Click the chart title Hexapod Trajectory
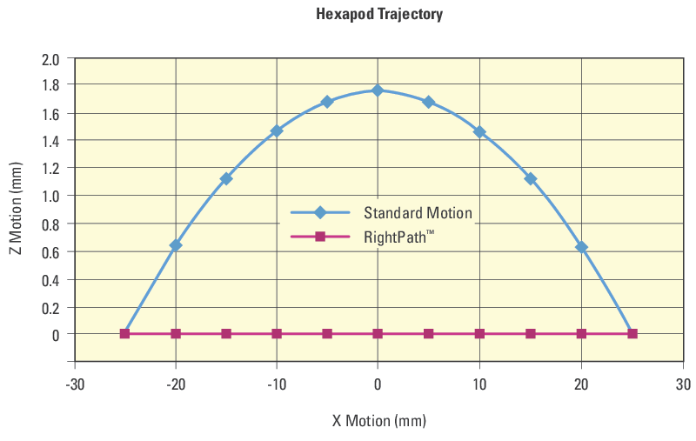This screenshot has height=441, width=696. [379, 14]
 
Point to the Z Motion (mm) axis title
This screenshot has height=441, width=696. [15, 210]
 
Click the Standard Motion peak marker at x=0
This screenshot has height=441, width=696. [378, 90]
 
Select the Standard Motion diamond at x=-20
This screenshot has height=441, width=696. [176, 245]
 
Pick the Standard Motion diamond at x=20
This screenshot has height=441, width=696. [581, 247]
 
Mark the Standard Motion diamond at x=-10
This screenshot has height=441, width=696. [277, 131]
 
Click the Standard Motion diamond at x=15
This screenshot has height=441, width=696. [531, 178]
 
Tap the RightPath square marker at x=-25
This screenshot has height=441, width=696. [125, 333]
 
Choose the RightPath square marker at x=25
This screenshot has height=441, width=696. [632, 333]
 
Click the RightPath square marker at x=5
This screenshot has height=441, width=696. [428, 333]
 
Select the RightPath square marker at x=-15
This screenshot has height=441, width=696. [226, 333]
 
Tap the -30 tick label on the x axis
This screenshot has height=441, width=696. [75, 384]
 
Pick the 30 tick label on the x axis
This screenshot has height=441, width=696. [683, 384]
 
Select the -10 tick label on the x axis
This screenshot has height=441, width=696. [277, 384]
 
